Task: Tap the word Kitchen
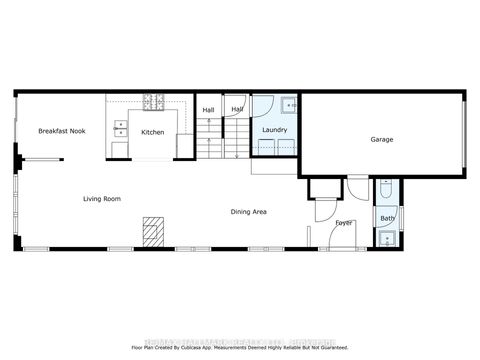coord(152,132)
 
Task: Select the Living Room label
coord(102,199)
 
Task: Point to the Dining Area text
coord(248,211)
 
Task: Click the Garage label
coord(381,139)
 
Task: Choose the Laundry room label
coord(274,131)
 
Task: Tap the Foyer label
coord(344,222)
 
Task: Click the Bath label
coord(387,217)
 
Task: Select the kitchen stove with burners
coord(155,101)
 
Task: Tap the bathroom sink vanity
coord(387,238)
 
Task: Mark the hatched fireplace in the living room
coord(152,231)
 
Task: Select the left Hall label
coord(209,110)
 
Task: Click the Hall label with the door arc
coord(237,109)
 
